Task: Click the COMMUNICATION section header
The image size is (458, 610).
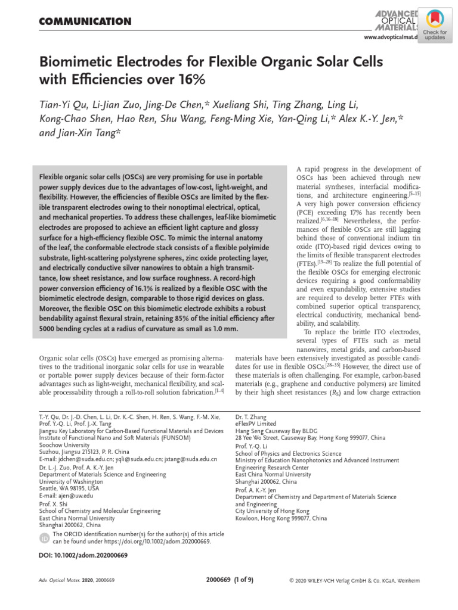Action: (x=85, y=22)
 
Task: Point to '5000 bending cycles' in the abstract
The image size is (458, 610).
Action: (x=77, y=328)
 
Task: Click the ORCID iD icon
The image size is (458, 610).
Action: (x=44, y=539)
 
